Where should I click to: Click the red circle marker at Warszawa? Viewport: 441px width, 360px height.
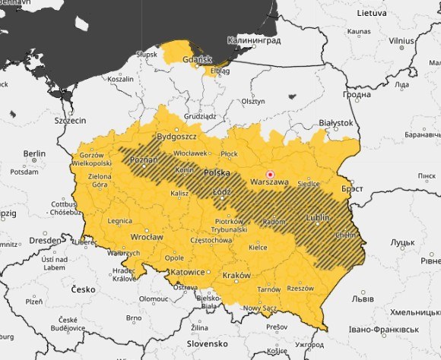[x=269, y=173]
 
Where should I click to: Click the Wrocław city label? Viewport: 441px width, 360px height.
[x=147, y=237]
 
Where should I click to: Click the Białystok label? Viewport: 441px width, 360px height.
[x=336, y=122]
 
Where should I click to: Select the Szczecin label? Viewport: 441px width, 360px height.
[x=70, y=120]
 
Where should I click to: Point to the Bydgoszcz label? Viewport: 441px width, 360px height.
[x=176, y=137]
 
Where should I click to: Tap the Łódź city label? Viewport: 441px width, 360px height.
[x=221, y=191]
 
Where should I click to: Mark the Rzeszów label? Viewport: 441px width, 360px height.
[x=300, y=288]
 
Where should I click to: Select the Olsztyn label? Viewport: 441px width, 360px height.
[x=252, y=101]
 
